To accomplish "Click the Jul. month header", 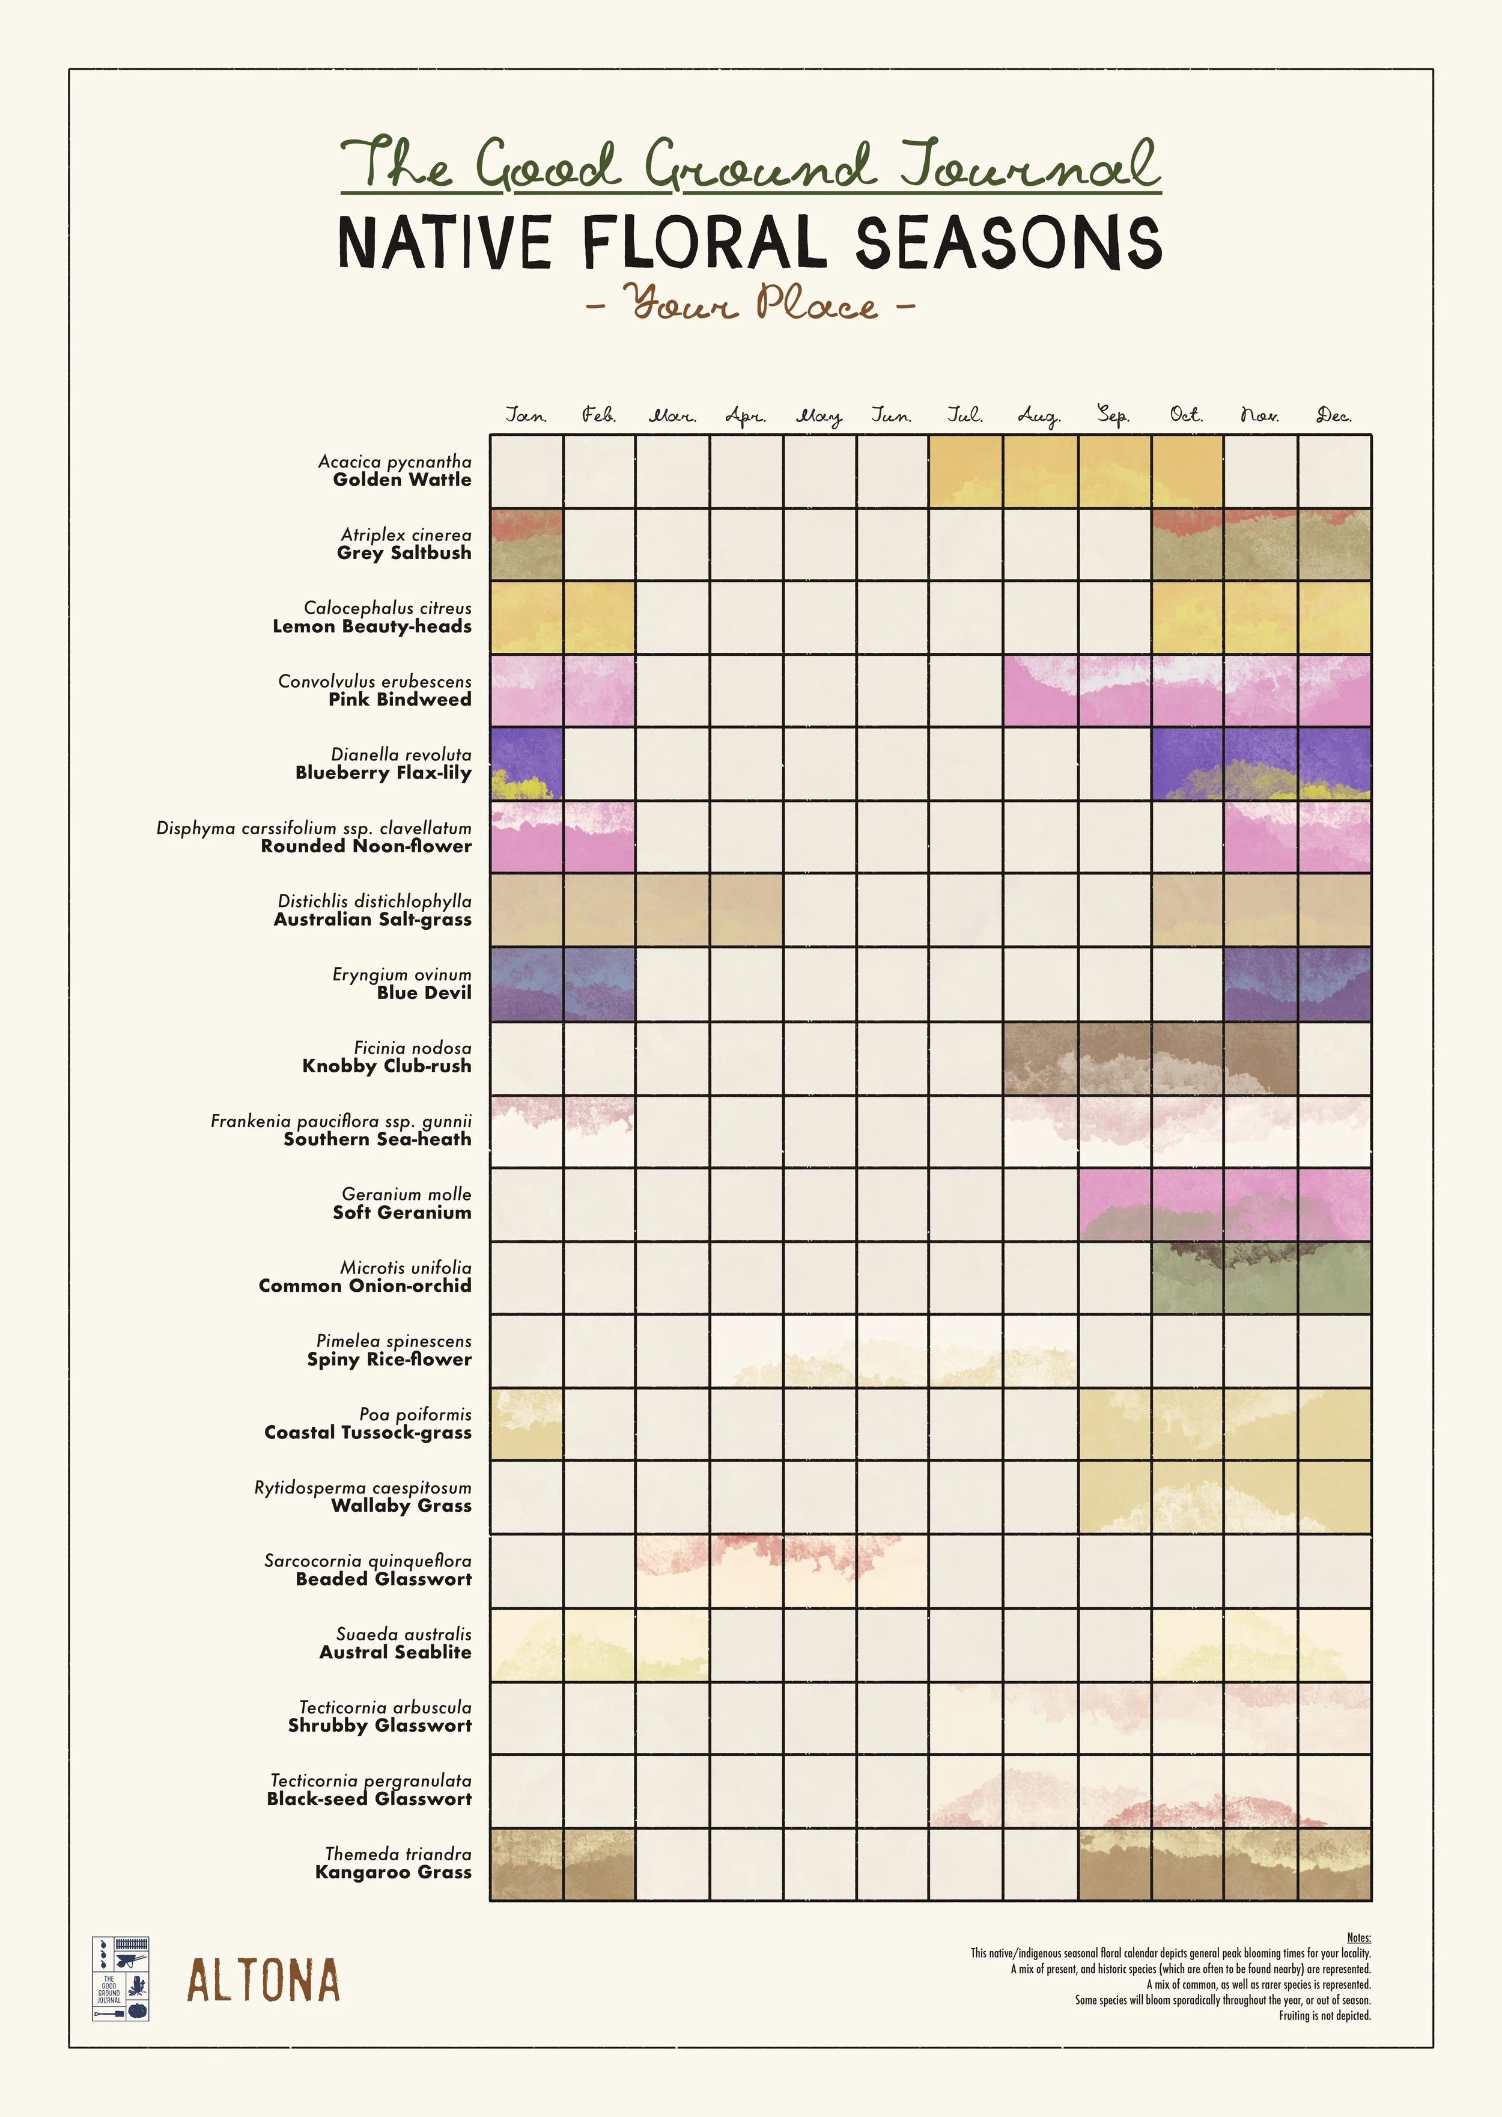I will click(x=965, y=415).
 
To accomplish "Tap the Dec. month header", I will click(x=1334, y=415).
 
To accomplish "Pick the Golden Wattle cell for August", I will click(x=1039, y=471).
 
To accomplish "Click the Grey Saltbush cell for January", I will click(x=526, y=544).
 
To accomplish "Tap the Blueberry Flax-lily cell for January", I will click(x=526, y=763).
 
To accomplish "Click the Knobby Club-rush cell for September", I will click(x=1113, y=1057).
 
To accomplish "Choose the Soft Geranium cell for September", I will click(x=1113, y=1204).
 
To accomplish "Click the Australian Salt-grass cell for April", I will click(x=746, y=911).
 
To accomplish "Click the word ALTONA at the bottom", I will click(x=264, y=1981).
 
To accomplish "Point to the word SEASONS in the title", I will click(x=1008, y=242).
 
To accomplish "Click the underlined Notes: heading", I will click(x=1358, y=1937).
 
